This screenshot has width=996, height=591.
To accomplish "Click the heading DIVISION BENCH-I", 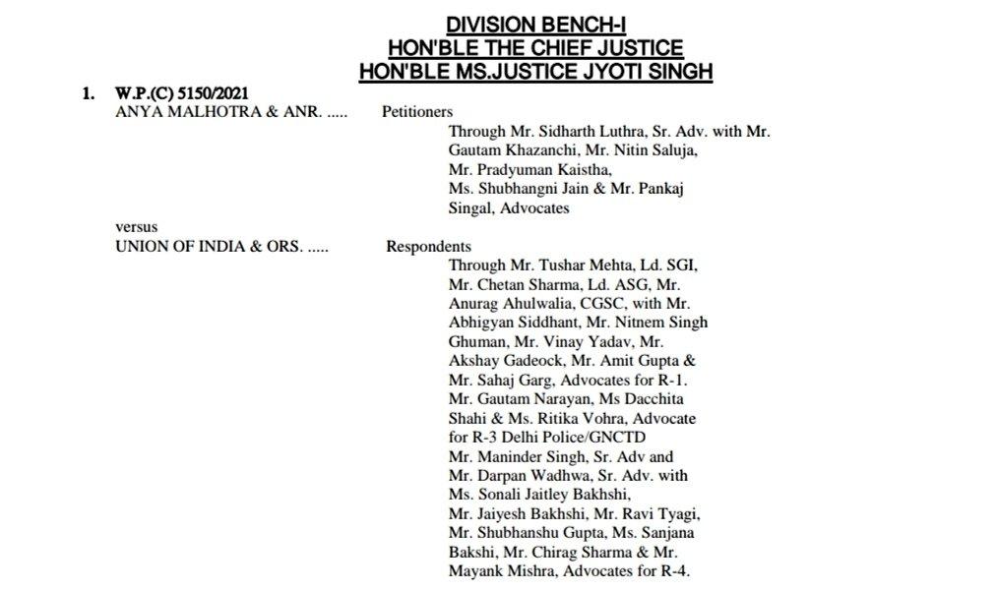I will tap(534, 26).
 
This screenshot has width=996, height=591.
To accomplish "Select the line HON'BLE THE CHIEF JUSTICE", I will tap(535, 48).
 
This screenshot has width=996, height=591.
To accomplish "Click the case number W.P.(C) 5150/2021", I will tap(181, 93).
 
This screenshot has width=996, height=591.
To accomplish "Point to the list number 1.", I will tap(89, 93).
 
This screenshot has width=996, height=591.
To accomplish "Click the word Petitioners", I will tap(417, 112).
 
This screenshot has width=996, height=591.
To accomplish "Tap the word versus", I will tap(137, 228).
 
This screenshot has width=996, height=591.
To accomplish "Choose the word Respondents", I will tap(428, 247).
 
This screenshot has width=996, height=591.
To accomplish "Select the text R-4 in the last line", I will tap(675, 571).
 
